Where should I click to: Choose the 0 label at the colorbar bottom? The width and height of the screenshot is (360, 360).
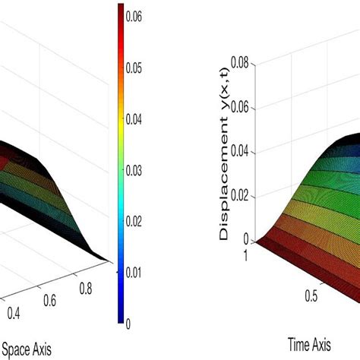click(x=128, y=324)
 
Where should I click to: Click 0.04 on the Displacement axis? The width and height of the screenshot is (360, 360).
click(x=242, y=150)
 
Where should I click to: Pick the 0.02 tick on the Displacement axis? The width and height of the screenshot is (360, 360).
click(x=242, y=194)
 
